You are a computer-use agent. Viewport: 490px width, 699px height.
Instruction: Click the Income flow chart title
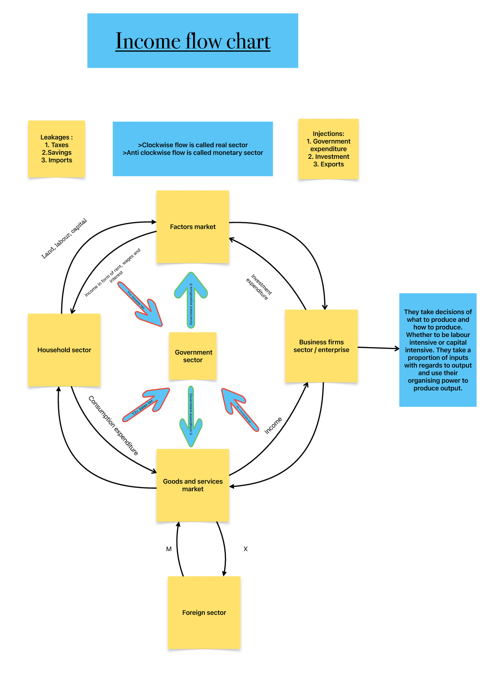point(193,41)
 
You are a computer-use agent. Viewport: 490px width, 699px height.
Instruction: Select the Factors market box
point(193,227)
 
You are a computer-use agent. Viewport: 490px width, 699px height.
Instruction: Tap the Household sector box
point(64,350)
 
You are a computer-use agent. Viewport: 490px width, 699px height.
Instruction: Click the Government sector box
point(193,356)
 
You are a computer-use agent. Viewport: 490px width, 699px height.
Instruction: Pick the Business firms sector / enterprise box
point(321,346)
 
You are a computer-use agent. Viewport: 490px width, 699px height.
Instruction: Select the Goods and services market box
point(193,485)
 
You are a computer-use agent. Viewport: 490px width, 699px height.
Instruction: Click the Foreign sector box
point(204,612)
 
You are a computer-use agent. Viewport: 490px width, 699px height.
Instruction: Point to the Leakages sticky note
point(56,149)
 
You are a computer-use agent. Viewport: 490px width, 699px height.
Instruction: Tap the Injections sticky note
point(328,149)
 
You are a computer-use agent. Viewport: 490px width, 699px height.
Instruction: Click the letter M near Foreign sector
point(169,549)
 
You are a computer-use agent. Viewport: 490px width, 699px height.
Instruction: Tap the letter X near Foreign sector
point(245,549)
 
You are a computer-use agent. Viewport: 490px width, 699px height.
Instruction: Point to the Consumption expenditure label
point(113,425)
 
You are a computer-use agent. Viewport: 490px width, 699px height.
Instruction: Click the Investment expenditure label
point(259,287)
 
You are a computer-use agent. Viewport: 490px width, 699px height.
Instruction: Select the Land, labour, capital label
point(64,238)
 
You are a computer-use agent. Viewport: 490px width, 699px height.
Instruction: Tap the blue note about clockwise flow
point(193,149)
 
